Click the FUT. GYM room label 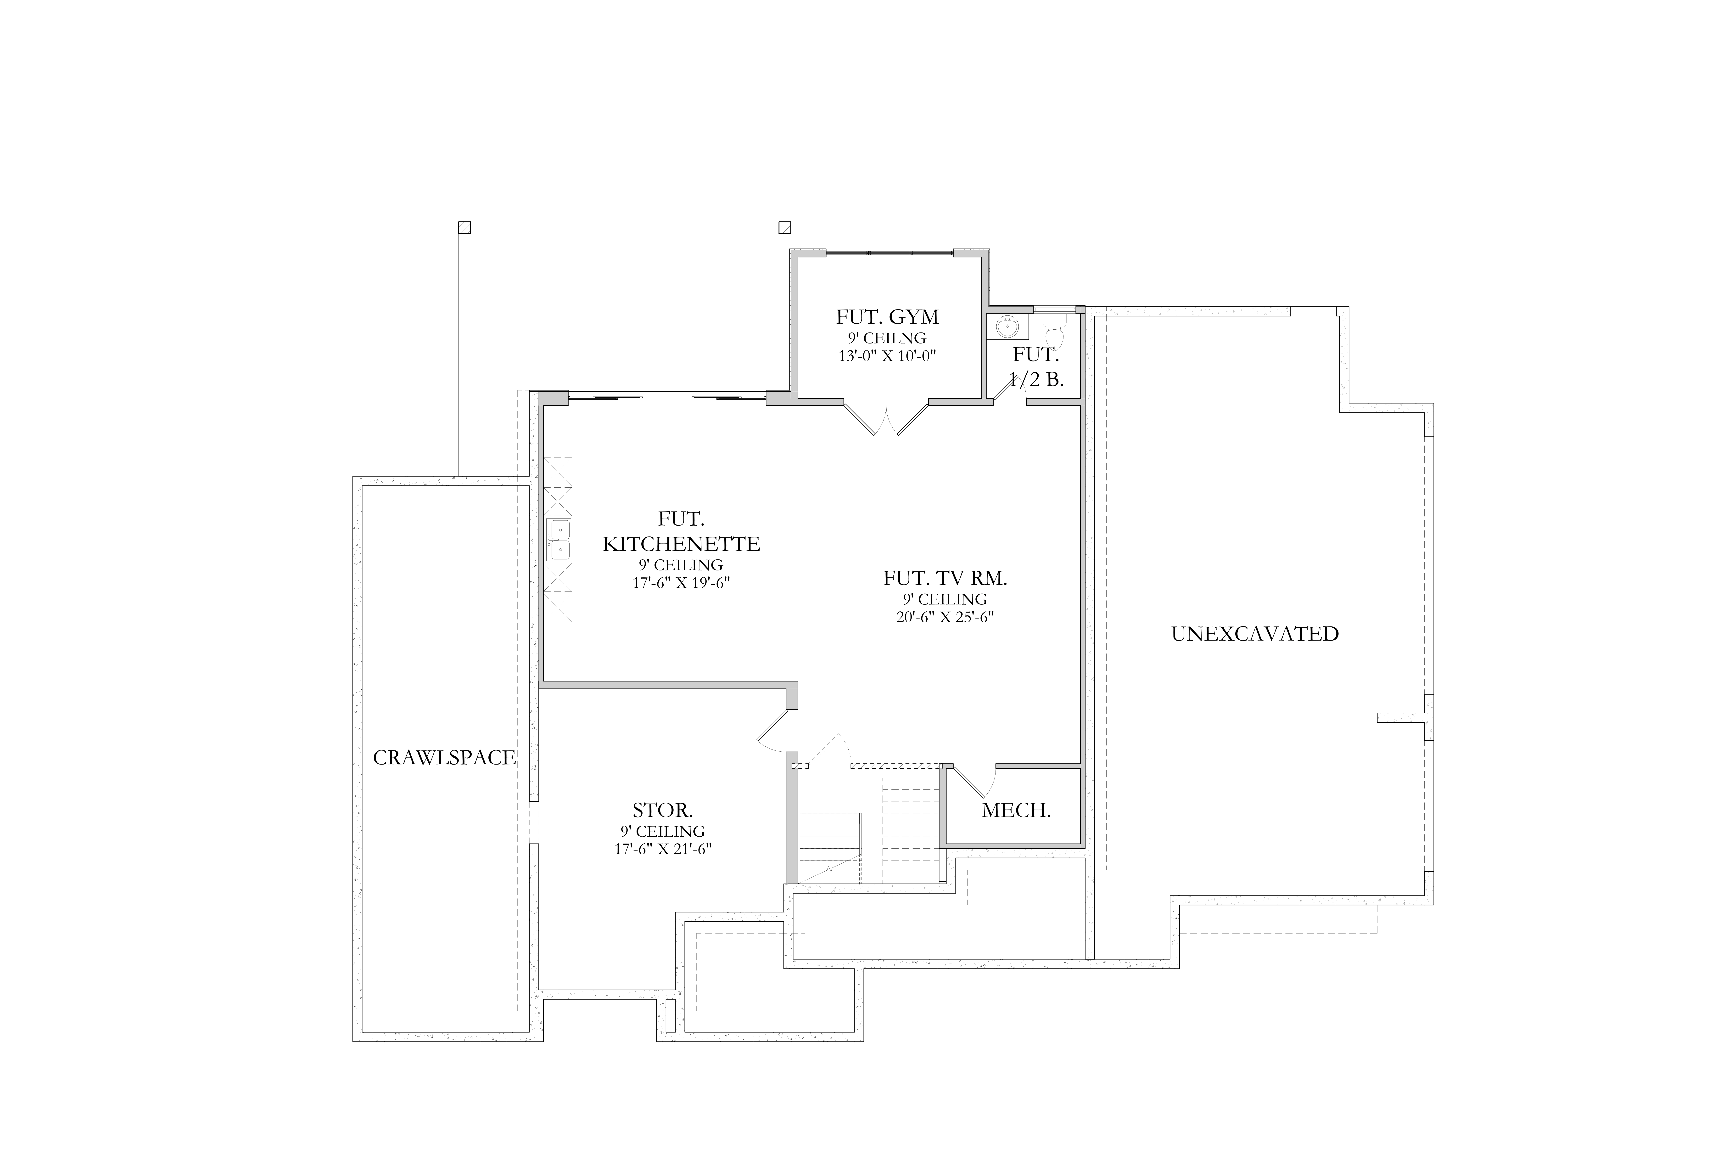click(x=887, y=317)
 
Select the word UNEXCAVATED click(x=1255, y=634)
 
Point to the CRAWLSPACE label click(x=445, y=758)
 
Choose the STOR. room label click(x=662, y=811)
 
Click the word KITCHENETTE click(x=681, y=544)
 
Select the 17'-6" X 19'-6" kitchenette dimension click(x=681, y=583)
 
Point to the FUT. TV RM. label click(x=945, y=578)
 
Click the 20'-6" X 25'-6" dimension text click(x=945, y=617)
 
